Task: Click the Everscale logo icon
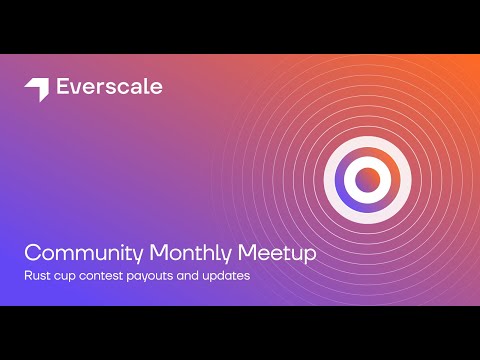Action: [36, 89]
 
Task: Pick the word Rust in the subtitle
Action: [37, 275]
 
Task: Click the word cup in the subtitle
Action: [66, 275]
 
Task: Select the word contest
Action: [102, 275]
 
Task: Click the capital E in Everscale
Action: [61, 87]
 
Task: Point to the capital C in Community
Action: [32, 253]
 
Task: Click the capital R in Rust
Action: [27, 275]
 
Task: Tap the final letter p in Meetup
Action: [310, 255]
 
